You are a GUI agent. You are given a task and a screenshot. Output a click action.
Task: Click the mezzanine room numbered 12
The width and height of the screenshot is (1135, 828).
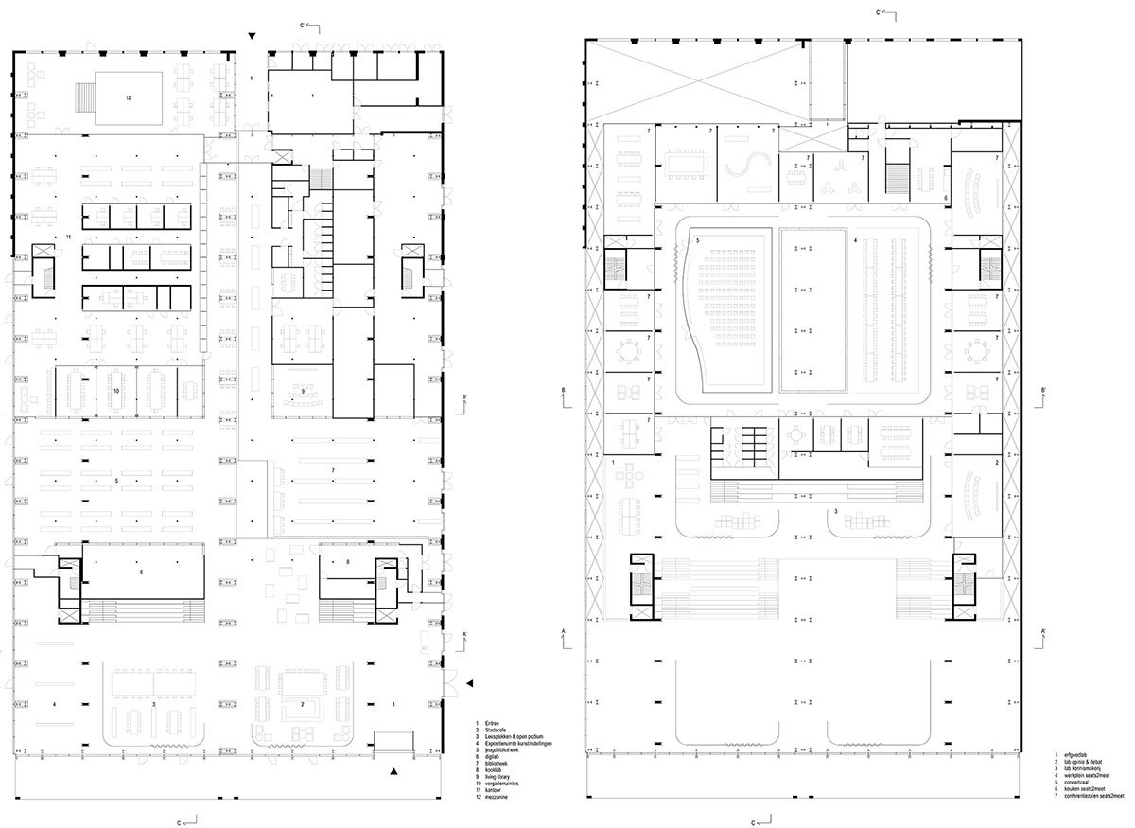(127, 97)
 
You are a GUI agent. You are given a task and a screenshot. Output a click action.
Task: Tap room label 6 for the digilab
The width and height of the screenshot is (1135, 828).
(141, 573)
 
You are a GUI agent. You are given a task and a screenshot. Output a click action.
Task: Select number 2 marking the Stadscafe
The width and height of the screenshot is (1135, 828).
(302, 704)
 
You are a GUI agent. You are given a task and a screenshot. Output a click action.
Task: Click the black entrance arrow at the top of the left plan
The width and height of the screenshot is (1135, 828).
(251, 36)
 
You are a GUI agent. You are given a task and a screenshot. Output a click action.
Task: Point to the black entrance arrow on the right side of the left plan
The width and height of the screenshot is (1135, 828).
(471, 683)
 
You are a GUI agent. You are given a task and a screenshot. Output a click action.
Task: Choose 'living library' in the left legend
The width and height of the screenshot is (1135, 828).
(504, 779)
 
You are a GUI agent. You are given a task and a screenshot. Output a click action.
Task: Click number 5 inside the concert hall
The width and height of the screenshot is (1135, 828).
(698, 241)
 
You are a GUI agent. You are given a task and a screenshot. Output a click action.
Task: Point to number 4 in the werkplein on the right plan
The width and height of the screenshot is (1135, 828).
(855, 241)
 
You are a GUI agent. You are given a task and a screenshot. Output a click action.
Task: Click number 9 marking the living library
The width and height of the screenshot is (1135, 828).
(303, 391)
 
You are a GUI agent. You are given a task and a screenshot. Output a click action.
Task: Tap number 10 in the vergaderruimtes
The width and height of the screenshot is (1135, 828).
(116, 390)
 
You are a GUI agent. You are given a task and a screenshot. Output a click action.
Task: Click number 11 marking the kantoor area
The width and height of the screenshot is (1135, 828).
(69, 235)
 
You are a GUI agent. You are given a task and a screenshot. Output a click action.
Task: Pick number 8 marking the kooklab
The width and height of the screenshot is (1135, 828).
(348, 562)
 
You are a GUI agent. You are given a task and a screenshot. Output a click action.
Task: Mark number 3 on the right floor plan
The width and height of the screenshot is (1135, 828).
(834, 512)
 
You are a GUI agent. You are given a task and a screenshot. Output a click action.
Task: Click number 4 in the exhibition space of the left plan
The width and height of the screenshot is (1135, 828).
(54, 704)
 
